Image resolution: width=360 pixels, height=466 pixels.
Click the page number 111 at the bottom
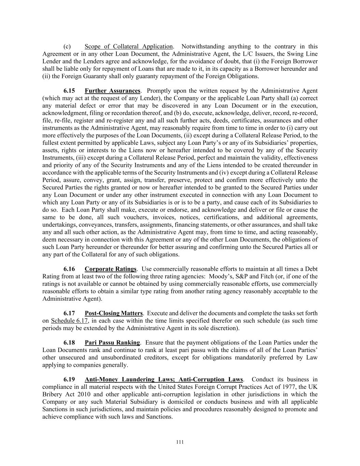[180, 442]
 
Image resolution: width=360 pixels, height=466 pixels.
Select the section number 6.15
[69, 91]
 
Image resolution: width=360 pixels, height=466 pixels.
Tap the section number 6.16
[69, 269]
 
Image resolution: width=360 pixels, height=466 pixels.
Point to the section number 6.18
[69, 342]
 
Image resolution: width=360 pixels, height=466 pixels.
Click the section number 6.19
[69, 379]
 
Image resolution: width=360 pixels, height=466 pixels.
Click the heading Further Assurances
[112, 91]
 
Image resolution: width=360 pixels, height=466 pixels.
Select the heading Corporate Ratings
[111, 269]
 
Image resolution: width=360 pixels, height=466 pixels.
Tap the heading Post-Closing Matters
[114, 313]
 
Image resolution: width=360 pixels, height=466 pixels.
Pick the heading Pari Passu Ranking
[112, 342]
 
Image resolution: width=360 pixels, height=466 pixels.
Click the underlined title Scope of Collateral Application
[129, 46]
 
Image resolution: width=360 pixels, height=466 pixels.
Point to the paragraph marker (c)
[67, 46]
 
